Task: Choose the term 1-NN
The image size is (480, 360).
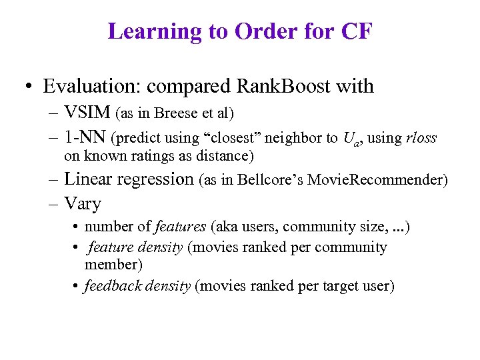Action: pyautogui.click(x=86, y=138)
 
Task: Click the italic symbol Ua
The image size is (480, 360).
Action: pyautogui.click(x=351, y=139)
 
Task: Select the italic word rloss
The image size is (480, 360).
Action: pyautogui.click(x=421, y=139)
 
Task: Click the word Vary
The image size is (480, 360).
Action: pyautogui.click(x=83, y=203)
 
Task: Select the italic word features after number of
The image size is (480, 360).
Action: pyautogui.click(x=180, y=227)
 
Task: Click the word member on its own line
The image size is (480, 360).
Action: pyautogui.click(x=111, y=265)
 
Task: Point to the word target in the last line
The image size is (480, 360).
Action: pyautogui.click(x=340, y=287)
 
